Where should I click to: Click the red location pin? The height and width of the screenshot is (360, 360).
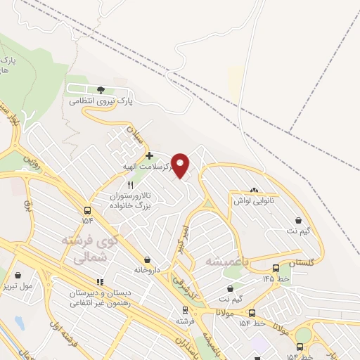(181, 165)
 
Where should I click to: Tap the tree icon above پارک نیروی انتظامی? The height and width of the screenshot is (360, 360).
(100, 90)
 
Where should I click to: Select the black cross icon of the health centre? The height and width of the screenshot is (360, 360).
(148, 155)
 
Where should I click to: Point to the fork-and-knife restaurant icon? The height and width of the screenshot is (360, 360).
(129, 184)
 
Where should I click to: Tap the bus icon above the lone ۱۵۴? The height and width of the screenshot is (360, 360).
(87, 210)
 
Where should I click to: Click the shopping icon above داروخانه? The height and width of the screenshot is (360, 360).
(147, 259)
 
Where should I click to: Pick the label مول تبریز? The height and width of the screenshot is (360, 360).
(36, 286)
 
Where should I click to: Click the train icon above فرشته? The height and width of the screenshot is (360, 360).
(185, 309)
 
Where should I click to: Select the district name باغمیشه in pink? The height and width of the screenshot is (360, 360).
(228, 261)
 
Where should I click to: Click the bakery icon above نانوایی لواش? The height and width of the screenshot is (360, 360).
(254, 190)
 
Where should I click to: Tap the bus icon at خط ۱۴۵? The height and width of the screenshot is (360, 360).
(276, 268)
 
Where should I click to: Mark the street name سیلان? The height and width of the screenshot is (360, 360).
(134, 132)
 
